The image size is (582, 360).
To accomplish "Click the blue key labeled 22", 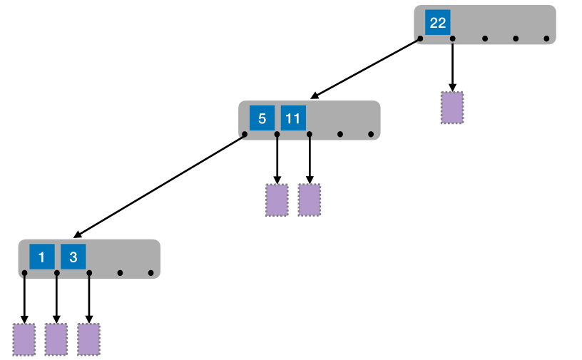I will coord(437,23).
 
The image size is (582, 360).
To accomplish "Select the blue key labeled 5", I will coord(262,118).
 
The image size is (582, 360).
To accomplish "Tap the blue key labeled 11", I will coord(293,118).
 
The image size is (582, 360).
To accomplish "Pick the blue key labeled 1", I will coord(41,257).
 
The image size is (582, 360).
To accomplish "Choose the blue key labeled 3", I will coord(73,257).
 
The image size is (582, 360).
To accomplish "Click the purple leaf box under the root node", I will coord(452,108).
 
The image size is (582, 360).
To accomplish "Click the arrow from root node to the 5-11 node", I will coord(365,68).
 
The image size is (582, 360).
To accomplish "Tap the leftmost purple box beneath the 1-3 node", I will coord(24,339).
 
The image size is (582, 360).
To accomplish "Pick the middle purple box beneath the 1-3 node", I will coord(56,339).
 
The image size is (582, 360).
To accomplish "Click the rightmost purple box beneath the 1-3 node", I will coord(88,339).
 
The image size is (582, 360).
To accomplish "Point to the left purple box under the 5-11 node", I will coord(277,200).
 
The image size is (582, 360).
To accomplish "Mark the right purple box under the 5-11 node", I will coord(309,200).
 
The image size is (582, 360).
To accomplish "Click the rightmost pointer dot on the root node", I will coord(546,38).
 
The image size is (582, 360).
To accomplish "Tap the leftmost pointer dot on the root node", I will coord(420,38).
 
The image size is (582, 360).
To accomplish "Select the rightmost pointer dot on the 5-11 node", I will coord(371,134).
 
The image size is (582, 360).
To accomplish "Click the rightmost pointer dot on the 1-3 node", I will coord(150,272).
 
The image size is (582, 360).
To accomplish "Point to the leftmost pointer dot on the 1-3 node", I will coord(24,272).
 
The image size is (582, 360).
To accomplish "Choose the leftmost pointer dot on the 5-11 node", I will coord(245,134).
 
